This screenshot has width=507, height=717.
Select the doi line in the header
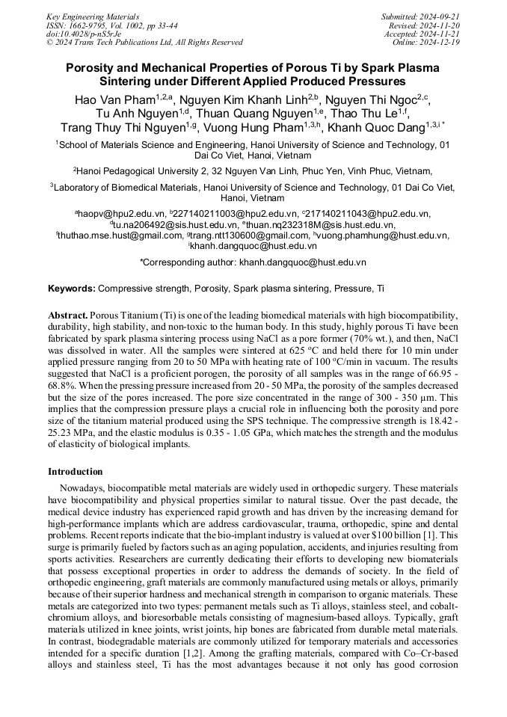tap(82, 34)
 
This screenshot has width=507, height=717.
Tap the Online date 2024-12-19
tap(437, 43)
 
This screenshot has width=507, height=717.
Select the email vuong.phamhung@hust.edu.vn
tap(387, 235)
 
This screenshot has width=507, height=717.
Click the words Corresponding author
tap(189, 262)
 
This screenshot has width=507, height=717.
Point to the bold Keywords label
tap(72, 288)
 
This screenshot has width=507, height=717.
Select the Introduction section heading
tap(75, 472)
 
